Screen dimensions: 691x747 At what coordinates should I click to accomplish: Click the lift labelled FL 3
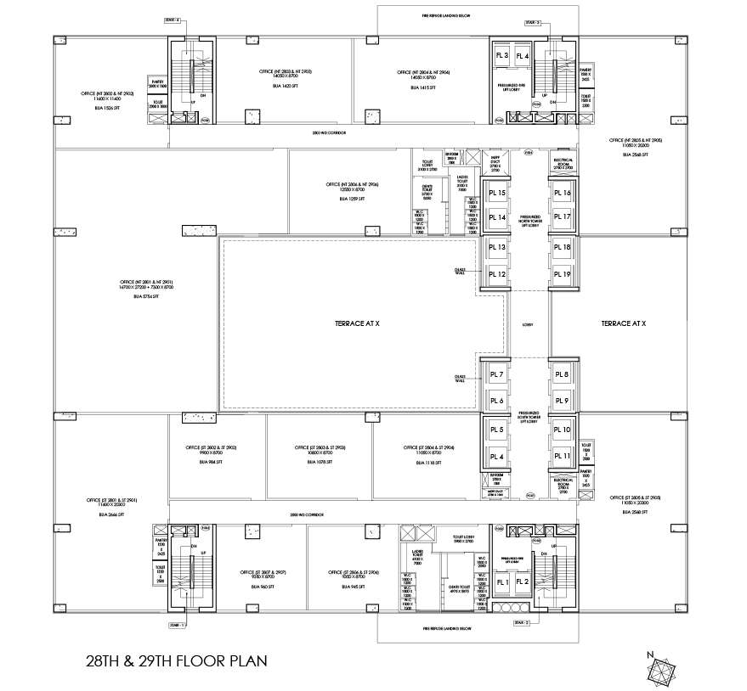[501, 56]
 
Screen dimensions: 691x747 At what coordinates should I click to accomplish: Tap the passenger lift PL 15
[496, 194]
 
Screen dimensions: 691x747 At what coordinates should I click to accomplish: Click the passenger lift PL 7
[496, 375]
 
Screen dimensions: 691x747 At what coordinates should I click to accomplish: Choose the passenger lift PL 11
[561, 457]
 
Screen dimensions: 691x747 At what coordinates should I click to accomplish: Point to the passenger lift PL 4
[496, 457]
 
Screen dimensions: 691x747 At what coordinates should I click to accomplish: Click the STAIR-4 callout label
[172, 20]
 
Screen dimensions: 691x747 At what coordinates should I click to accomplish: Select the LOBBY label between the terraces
[527, 323]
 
